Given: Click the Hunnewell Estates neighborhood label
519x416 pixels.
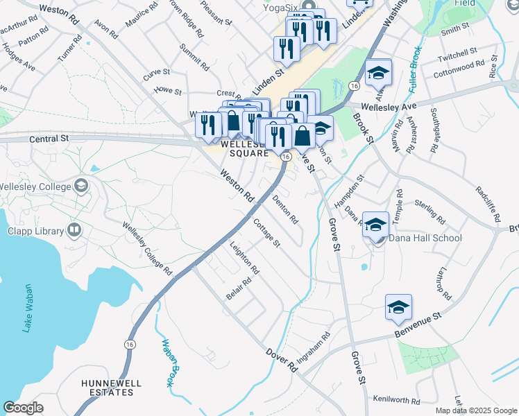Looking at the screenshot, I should [107, 388].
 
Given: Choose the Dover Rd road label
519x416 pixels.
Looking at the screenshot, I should [282, 361].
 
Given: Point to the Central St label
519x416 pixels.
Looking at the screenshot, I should [51, 139].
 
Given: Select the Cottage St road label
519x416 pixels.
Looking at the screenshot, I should [266, 234].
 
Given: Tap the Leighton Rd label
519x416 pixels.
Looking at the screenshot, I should [244, 259].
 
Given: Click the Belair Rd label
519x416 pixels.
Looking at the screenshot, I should [239, 288].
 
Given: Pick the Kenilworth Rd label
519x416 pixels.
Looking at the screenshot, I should [396, 400].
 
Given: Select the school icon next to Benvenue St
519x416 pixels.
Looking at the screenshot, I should [398, 308].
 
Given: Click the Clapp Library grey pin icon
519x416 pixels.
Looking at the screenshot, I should [74, 231].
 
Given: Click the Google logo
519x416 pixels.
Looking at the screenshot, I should [24, 408].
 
